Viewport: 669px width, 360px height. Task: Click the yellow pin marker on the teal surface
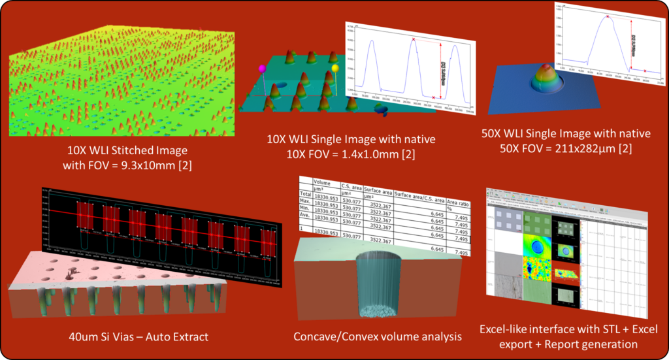pos(335,67)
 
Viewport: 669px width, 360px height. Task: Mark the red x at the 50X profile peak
pos(608,16)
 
